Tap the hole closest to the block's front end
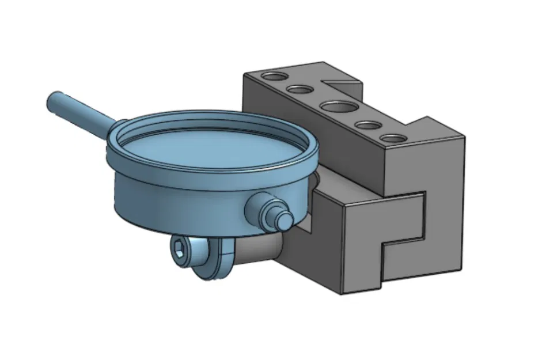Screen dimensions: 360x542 coord(393,139)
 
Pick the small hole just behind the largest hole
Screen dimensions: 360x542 coord(298,89)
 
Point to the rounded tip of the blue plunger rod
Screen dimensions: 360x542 coord(52,102)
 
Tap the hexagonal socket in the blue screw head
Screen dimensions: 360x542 coord(180,248)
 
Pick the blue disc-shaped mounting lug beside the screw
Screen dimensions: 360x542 coord(221,259)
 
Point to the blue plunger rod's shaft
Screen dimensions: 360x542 coord(86,113)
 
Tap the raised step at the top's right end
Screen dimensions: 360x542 coord(438,130)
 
